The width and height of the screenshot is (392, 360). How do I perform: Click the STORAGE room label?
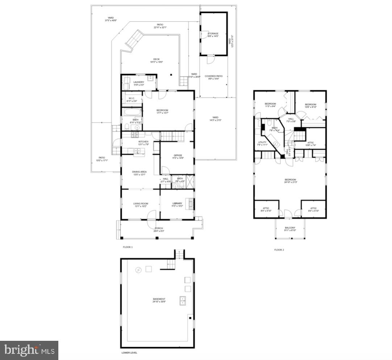[x=213, y=34]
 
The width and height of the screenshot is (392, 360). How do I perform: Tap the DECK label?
[x=156, y=59]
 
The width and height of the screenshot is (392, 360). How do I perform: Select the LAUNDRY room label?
[x=139, y=82]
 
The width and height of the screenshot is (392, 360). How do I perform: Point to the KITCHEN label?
[x=143, y=142]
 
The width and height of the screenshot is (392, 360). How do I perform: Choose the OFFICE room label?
[x=178, y=156]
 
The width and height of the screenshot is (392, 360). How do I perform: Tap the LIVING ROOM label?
[x=141, y=204]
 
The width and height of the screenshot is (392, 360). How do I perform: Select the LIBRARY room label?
[x=177, y=204]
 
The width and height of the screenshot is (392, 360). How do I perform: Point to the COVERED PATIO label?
[x=214, y=76]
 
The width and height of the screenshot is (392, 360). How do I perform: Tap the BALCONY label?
[x=290, y=228]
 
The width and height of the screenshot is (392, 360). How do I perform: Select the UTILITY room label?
[x=262, y=142]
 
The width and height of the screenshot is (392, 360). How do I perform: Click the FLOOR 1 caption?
[x=128, y=247]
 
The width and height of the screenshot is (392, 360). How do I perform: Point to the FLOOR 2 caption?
[x=279, y=250]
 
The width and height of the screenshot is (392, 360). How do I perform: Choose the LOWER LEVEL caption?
[x=129, y=352]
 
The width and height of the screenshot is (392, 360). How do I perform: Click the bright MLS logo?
[x=29, y=350]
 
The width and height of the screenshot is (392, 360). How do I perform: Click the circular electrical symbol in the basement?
[x=138, y=270]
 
